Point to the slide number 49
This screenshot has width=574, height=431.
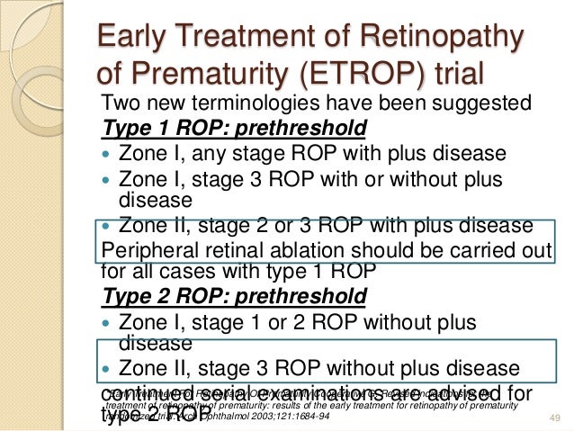tap(552, 418)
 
